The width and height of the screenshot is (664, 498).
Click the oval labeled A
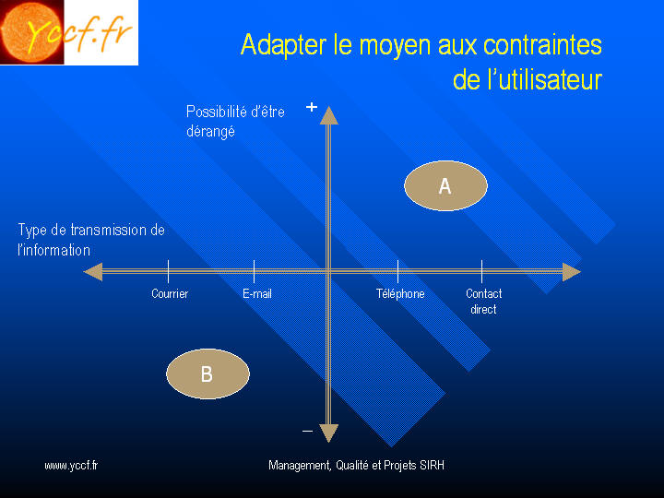tap(445, 185)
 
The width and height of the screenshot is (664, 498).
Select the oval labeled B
tap(207, 373)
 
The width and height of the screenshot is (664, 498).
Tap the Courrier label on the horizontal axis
tap(170, 293)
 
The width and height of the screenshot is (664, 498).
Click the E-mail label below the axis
tap(257, 293)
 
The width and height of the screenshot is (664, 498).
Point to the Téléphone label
tap(400, 293)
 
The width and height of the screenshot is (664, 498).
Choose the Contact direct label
tap(483, 301)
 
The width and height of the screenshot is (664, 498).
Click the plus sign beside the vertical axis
tap(312, 107)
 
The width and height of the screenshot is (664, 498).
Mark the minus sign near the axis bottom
tap(308, 431)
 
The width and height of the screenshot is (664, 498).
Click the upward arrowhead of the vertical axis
tap(328, 115)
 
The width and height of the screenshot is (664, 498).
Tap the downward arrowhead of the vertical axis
tap(328, 433)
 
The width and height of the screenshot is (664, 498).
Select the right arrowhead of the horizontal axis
tap(571, 272)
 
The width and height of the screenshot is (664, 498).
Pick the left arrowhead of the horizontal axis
tap(93, 272)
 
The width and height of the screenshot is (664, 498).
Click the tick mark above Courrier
tap(169, 271)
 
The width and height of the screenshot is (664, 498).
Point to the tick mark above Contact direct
tap(482, 271)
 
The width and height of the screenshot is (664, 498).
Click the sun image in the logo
tap(31, 32)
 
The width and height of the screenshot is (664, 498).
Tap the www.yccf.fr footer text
tap(71, 466)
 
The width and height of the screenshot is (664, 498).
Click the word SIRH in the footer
tap(432, 466)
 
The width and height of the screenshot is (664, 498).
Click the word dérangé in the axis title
tap(210, 131)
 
